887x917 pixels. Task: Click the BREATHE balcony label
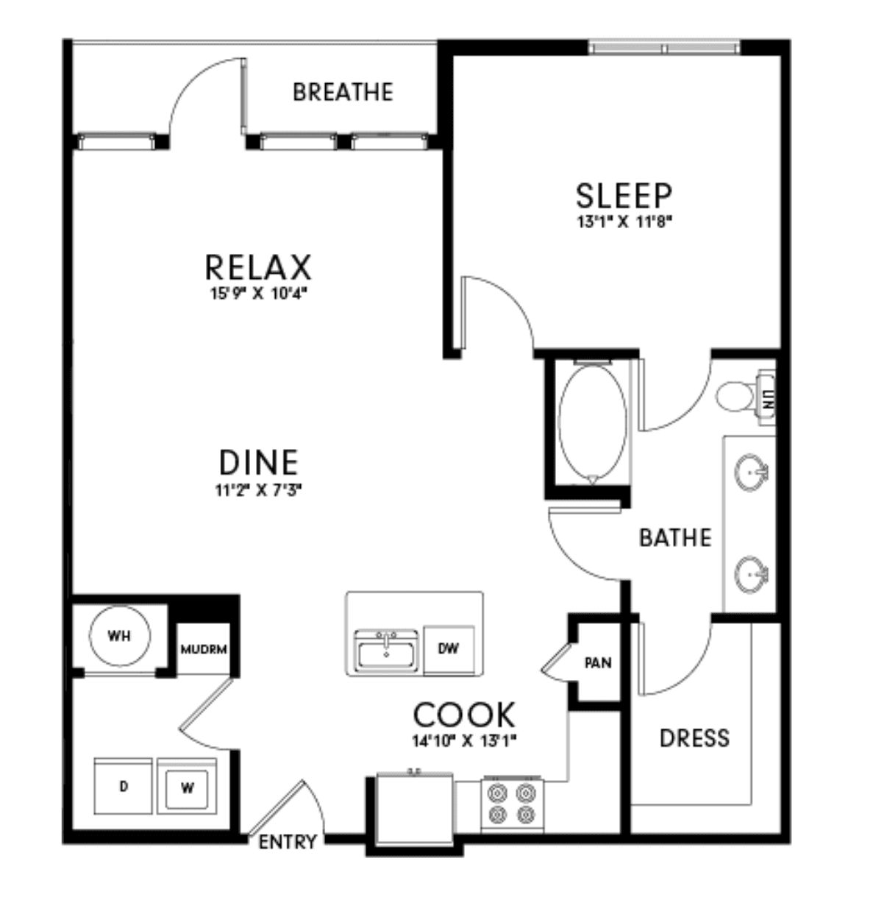click(x=343, y=92)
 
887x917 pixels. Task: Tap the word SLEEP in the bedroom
click(x=624, y=196)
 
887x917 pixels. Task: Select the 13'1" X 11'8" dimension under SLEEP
click(x=624, y=222)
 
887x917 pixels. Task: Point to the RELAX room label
click(x=258, y=267)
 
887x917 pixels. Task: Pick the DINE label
click(x=258, y=462)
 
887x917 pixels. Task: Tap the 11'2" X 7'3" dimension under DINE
click(x=258, y=491)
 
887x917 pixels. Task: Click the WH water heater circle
click(x=120, y=636)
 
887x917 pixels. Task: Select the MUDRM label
click(x=204, y=649)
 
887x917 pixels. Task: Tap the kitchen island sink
click(x=386, y=651)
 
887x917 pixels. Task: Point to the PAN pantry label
click(x=598, y=663)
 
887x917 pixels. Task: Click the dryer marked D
click(x=124, y=786)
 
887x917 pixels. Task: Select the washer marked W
click(x=187, y=786)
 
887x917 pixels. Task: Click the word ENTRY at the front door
click(x=288, y=842)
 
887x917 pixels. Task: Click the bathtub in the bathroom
click(x=593, y=422)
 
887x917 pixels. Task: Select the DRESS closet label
click(x=694, y=738)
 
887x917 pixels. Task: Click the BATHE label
click(x=675, y=538)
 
